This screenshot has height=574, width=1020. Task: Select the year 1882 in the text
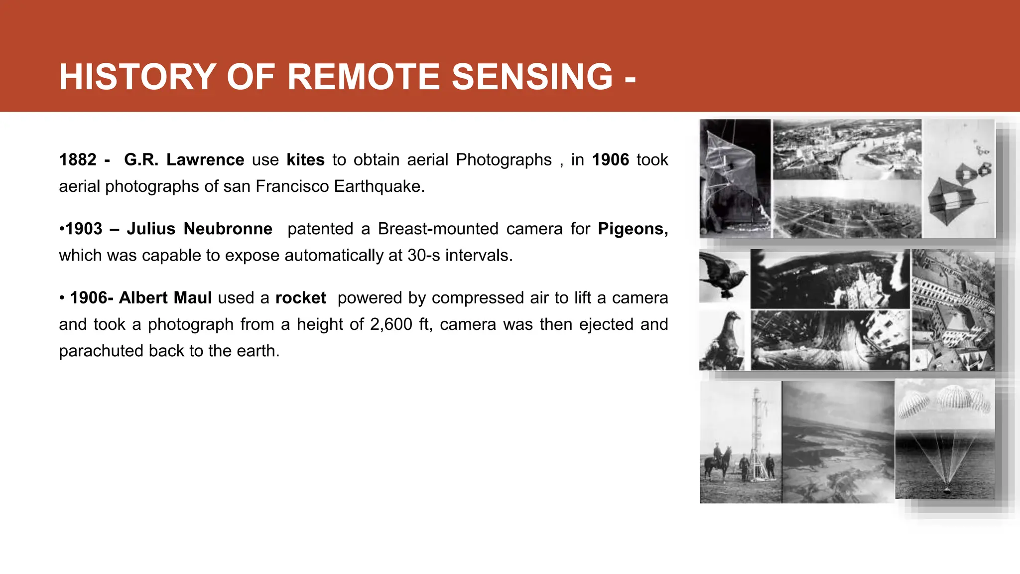[78, 160]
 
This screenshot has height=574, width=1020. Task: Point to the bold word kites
[305, 160]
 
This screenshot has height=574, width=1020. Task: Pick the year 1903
[84, 229]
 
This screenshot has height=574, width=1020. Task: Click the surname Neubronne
[228, 229]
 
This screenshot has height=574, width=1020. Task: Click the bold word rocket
[300, 298]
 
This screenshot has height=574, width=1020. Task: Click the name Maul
[193, 298]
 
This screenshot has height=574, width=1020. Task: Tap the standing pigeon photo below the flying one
[724, 341]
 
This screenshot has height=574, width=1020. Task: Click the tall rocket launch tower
[757, 433]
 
